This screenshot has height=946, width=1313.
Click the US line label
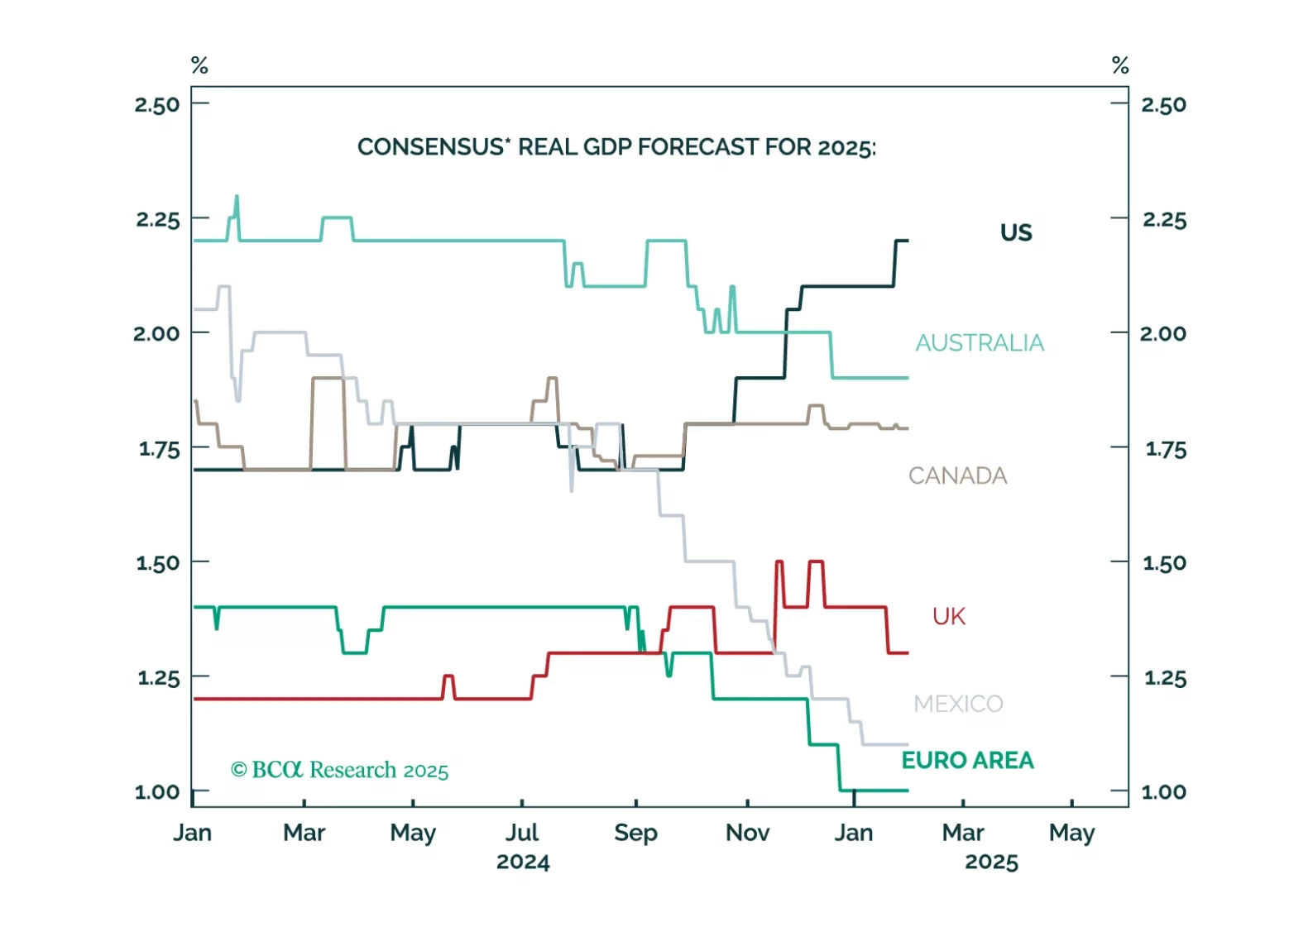click(1016, 232)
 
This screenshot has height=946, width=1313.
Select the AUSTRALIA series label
click(980, 342)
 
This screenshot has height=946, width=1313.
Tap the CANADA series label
click(957, 475)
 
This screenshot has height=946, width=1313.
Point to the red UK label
click(949, 616)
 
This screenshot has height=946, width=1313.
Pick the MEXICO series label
click(958, 704)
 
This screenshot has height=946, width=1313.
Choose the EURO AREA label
click(967, 760)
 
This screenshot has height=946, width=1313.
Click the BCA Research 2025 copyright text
click(339, 770)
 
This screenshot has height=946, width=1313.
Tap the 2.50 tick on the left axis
click(157, 105)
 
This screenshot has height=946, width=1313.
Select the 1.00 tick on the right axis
click(1163, 792)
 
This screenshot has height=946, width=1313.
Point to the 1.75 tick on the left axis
click(159, 449)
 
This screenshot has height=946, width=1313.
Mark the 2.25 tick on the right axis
click(1164, 220)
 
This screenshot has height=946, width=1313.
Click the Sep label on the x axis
click(635, 833)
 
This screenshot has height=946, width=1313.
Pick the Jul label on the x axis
click(522, 833)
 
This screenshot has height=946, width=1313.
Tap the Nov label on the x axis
click(747, 833)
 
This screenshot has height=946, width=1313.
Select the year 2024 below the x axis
click(523, 862)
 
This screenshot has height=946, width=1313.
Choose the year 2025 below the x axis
click(991, 862)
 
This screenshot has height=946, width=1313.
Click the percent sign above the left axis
click(199, 65)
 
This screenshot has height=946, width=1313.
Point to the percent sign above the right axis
click(1120, 65)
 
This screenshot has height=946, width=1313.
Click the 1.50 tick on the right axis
click(1164, 563)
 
